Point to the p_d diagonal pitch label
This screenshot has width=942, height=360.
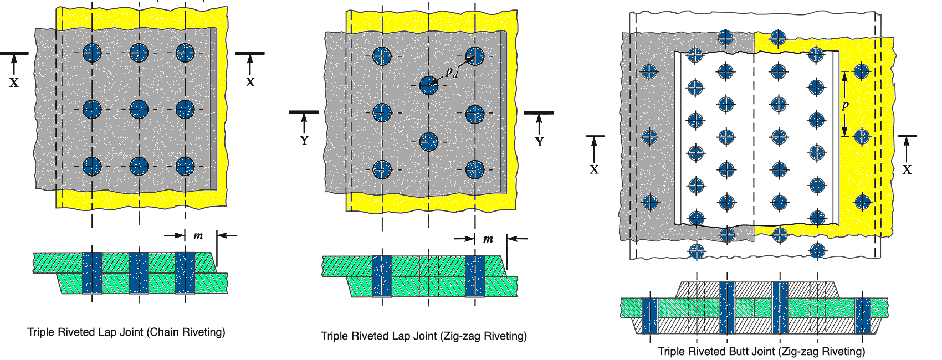(452, 72)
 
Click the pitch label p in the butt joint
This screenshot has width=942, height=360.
(845, 105)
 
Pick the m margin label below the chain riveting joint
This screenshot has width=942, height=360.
(198, 236)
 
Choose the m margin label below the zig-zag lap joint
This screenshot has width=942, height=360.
(488, 239)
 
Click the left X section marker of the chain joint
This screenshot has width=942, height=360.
(14, 83)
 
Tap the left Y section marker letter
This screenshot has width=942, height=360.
(304, 141)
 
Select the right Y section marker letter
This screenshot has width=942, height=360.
(539, 142)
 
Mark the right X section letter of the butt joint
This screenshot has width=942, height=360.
(907, 169)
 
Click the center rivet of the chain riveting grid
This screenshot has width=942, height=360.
(139, 109)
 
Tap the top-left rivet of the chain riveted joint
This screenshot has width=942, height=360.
(92, 53)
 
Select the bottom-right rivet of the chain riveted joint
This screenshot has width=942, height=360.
(185, 166)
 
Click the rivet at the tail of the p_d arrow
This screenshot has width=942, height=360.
(428, 85)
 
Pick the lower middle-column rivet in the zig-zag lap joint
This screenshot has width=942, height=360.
(428, 142)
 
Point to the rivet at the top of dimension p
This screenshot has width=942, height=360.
(861, 71)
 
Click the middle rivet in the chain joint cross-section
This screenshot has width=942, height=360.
(139, 272)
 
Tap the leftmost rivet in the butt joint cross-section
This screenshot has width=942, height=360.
(649, 316)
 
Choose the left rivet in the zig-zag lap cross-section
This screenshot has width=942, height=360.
(382, 276)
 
